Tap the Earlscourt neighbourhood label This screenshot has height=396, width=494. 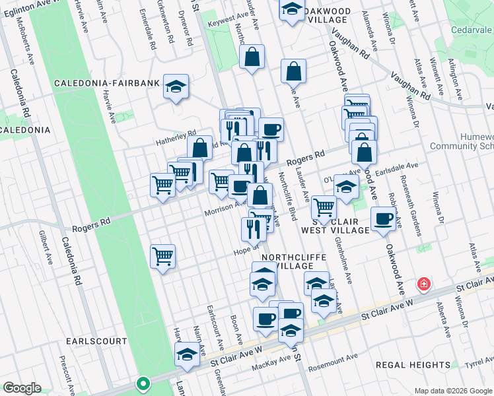96,341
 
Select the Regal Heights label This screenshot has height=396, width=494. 413,365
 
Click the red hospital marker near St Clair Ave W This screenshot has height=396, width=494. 423,285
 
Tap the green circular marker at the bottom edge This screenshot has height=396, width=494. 142,383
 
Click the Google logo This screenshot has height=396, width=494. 21,388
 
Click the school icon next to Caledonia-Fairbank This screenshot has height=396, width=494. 176,86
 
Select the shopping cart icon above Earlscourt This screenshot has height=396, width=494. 162,255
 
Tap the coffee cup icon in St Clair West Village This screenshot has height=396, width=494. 383,218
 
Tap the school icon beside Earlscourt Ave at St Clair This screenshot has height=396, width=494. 188,355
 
